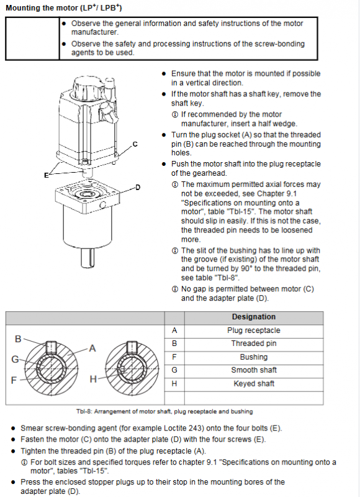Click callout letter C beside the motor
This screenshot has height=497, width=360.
135,144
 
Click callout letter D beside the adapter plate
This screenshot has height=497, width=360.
137,188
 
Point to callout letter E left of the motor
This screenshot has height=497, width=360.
46,175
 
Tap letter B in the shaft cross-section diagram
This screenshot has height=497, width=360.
19,339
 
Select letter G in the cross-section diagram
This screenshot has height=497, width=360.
15,359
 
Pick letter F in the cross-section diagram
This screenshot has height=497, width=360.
14,380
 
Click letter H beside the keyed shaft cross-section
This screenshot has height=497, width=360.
93,379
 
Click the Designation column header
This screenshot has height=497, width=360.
254,317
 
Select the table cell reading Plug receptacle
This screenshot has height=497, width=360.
254,331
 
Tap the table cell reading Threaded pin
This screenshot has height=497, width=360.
254,344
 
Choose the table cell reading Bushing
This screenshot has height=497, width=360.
254,357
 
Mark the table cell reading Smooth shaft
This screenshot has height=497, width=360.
254,370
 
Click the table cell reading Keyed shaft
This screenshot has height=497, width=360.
254,383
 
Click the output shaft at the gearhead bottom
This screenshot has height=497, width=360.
88,257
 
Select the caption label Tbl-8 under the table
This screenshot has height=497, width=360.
84,412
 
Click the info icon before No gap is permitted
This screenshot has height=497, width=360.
175,290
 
